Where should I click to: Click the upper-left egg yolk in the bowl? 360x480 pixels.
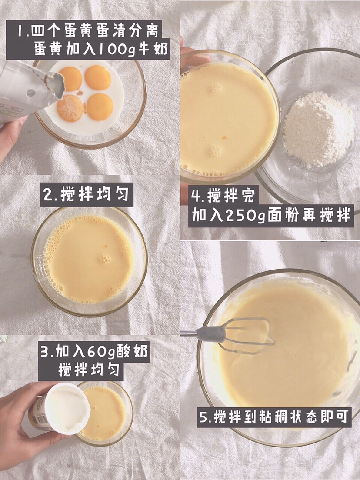(x=71, y=79)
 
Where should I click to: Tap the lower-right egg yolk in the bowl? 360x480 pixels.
(x=100, y=107)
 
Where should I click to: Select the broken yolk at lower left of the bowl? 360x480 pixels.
(x=70, y=108)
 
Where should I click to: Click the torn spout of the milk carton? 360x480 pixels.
(x=55, y=85)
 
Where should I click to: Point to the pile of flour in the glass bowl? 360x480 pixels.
(x=318, y=129)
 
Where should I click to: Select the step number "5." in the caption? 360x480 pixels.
(x=205, y=417)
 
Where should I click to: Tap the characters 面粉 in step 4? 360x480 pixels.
(x=283, y=216)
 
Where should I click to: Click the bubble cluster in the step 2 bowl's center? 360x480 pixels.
(x=104, y=259)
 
